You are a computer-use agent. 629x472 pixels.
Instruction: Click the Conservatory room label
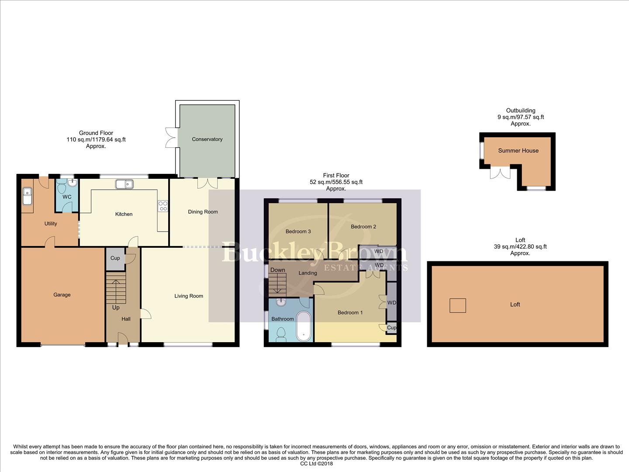click(207, 139)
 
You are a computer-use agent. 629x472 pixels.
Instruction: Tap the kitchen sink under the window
click(124, 184)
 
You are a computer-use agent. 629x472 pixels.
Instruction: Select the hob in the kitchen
click(163, 206)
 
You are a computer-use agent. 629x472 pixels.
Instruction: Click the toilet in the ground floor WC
click(62, 188)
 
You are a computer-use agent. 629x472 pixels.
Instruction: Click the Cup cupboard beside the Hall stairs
click(115, 258)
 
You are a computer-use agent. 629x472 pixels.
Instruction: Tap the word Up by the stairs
click(116, 308)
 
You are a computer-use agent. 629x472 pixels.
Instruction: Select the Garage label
click(62, 295)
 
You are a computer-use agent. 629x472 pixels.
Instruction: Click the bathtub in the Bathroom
click(303, 326)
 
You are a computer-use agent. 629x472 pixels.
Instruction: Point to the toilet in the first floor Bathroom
click(281, 334)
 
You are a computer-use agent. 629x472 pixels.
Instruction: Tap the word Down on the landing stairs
click(277, 270)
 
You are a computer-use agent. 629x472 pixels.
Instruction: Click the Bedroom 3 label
click(298, 231)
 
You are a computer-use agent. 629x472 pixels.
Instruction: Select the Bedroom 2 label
click(363, 227)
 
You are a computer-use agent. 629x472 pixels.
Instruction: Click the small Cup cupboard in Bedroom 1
click(391, 328)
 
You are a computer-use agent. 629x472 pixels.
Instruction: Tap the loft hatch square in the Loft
click(458, 305)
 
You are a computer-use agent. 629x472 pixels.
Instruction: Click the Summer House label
click(518, 151)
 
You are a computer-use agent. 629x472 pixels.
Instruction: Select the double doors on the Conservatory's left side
click(170, 137)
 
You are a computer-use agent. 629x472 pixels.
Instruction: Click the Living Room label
click(189, 296)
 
